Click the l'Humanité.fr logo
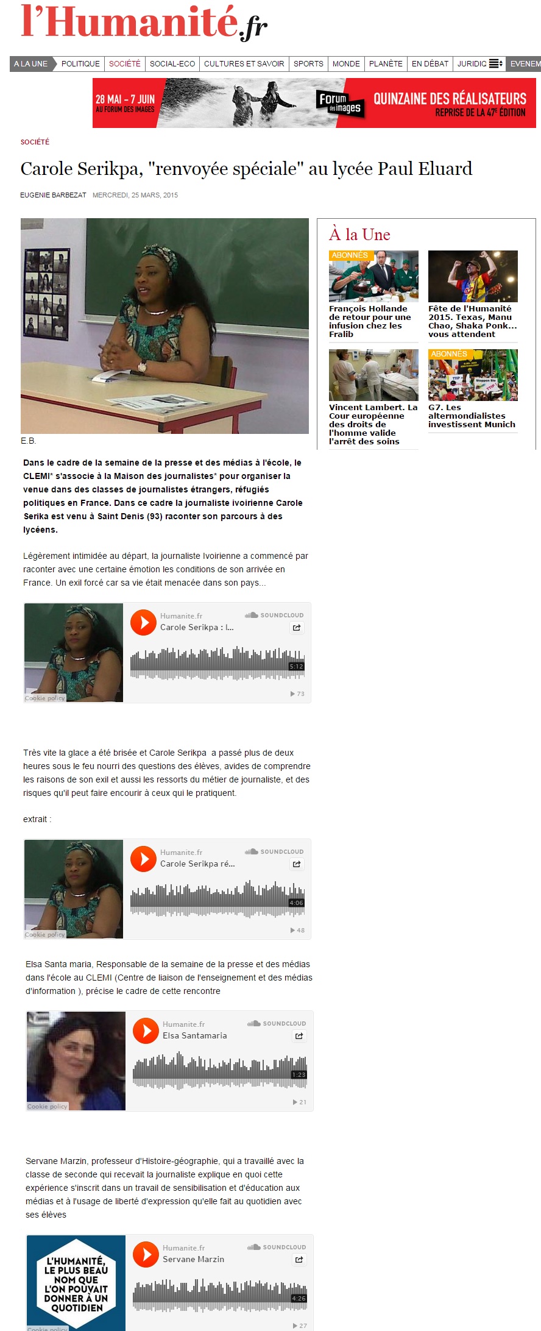[144, 23]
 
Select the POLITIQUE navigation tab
[80, 63]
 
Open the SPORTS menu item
[308, 63]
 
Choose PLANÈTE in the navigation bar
[386, 63]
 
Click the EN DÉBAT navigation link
[430, 63]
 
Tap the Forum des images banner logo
[340, 102]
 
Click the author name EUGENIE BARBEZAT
[53, 195]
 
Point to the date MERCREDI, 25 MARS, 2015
[135, 195]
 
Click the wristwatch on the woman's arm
[142, 366]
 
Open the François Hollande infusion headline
[370, 321]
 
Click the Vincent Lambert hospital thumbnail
[373, 375]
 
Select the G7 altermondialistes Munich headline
[472, 416]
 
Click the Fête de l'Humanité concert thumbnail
[473, 276]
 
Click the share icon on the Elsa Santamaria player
[299, 1035]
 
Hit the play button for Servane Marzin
[146, 1255]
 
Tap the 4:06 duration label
[296, 903]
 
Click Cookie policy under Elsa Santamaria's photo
[48, 1106]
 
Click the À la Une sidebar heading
[359, 235]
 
